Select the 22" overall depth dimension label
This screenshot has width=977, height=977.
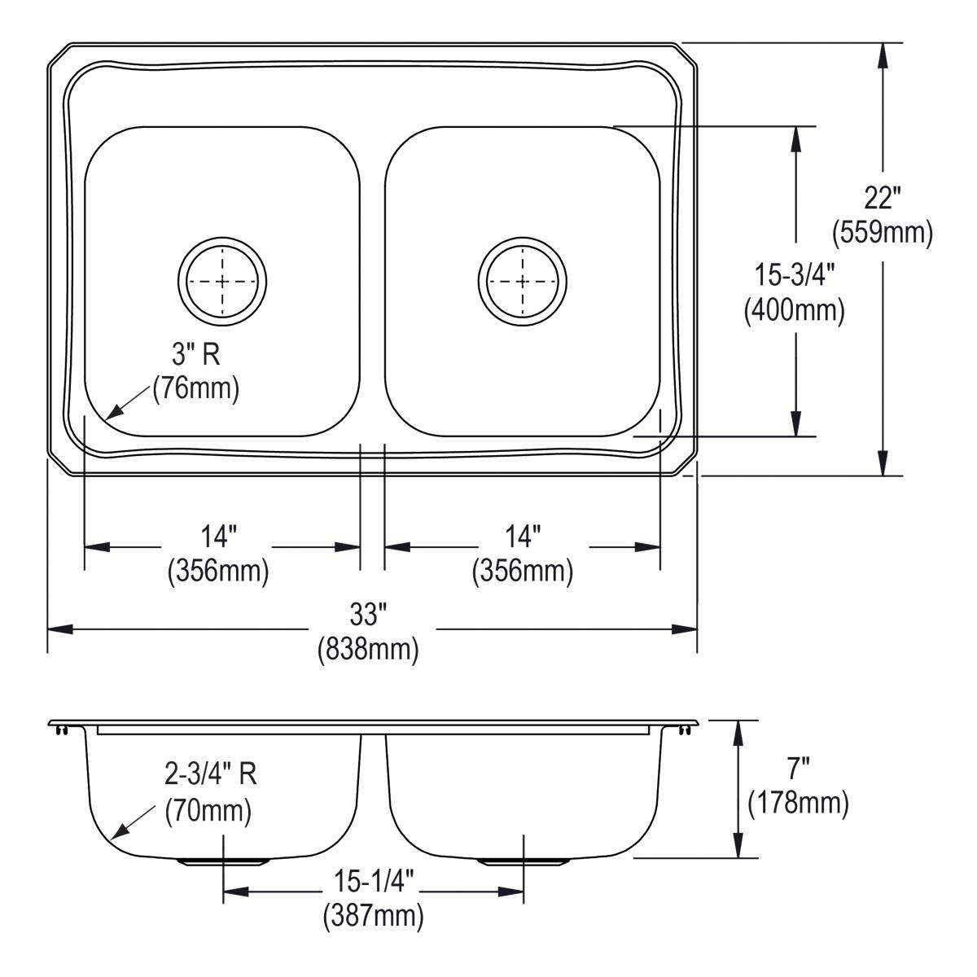tap(882, 198)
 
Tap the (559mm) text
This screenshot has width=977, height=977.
tap(882, 234)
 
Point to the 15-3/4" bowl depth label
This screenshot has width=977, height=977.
tap(794, 275)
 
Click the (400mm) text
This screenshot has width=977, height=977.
tap(794, 310)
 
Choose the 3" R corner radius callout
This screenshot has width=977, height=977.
tap(196, 353)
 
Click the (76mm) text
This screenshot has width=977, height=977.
tap(196, 388)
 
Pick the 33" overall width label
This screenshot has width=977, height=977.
tap(368, 614)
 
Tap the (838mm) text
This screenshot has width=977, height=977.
tap(368, 649)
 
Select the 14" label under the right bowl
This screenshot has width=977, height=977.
tap(523, 536)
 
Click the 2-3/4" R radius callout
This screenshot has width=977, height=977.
tap(210, 774)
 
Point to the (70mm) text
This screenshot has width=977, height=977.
tap(208, 811)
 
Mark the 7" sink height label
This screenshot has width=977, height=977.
tap(798, 769)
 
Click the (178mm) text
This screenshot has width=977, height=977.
tap(798, 804)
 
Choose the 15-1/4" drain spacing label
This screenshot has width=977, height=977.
tap(374, 881)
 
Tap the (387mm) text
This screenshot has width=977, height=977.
tap(374, 917)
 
